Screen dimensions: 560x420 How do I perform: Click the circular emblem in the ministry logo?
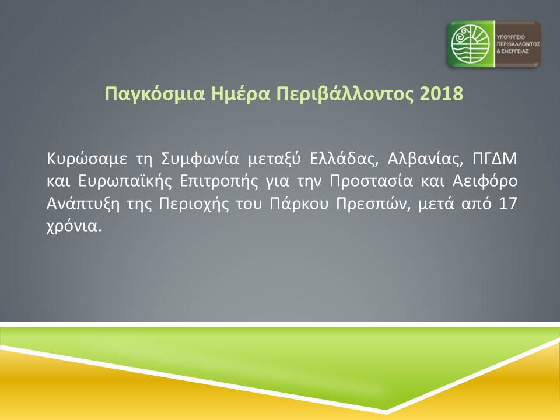[x=470, y=44]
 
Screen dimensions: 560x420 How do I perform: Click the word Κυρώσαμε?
[x=87, y=159]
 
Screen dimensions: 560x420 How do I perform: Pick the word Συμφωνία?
[x=200, y=159]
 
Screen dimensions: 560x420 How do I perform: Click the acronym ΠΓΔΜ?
[x=495, y=158]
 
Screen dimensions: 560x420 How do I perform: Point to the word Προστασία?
[x=371, y=181]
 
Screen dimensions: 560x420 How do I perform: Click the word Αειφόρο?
[x=485, y=181]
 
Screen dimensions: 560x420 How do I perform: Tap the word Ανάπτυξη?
[x=82, y=204]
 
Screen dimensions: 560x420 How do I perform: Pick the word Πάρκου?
[x=299, y=204]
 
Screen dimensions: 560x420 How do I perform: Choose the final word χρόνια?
[x=74, y=226]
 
